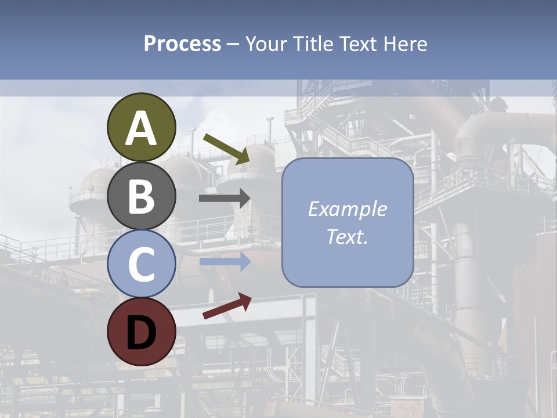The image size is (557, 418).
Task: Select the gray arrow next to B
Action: tap(225, 198)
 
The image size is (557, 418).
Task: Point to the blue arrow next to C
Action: tap(225, 262)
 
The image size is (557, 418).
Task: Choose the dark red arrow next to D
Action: tap(227, 306)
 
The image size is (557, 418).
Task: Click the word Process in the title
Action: tap(182, 44)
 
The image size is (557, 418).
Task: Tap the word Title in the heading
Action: tap(312, 44)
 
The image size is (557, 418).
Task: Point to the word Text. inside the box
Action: tap(347, 237)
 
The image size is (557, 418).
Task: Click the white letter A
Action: tap(142, 129)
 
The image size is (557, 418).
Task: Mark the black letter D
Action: tap(142, 333)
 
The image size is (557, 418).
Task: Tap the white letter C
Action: tap(142, 264)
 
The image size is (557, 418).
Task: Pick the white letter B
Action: tap(142, 196)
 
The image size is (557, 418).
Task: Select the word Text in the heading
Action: tap(357, 44)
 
